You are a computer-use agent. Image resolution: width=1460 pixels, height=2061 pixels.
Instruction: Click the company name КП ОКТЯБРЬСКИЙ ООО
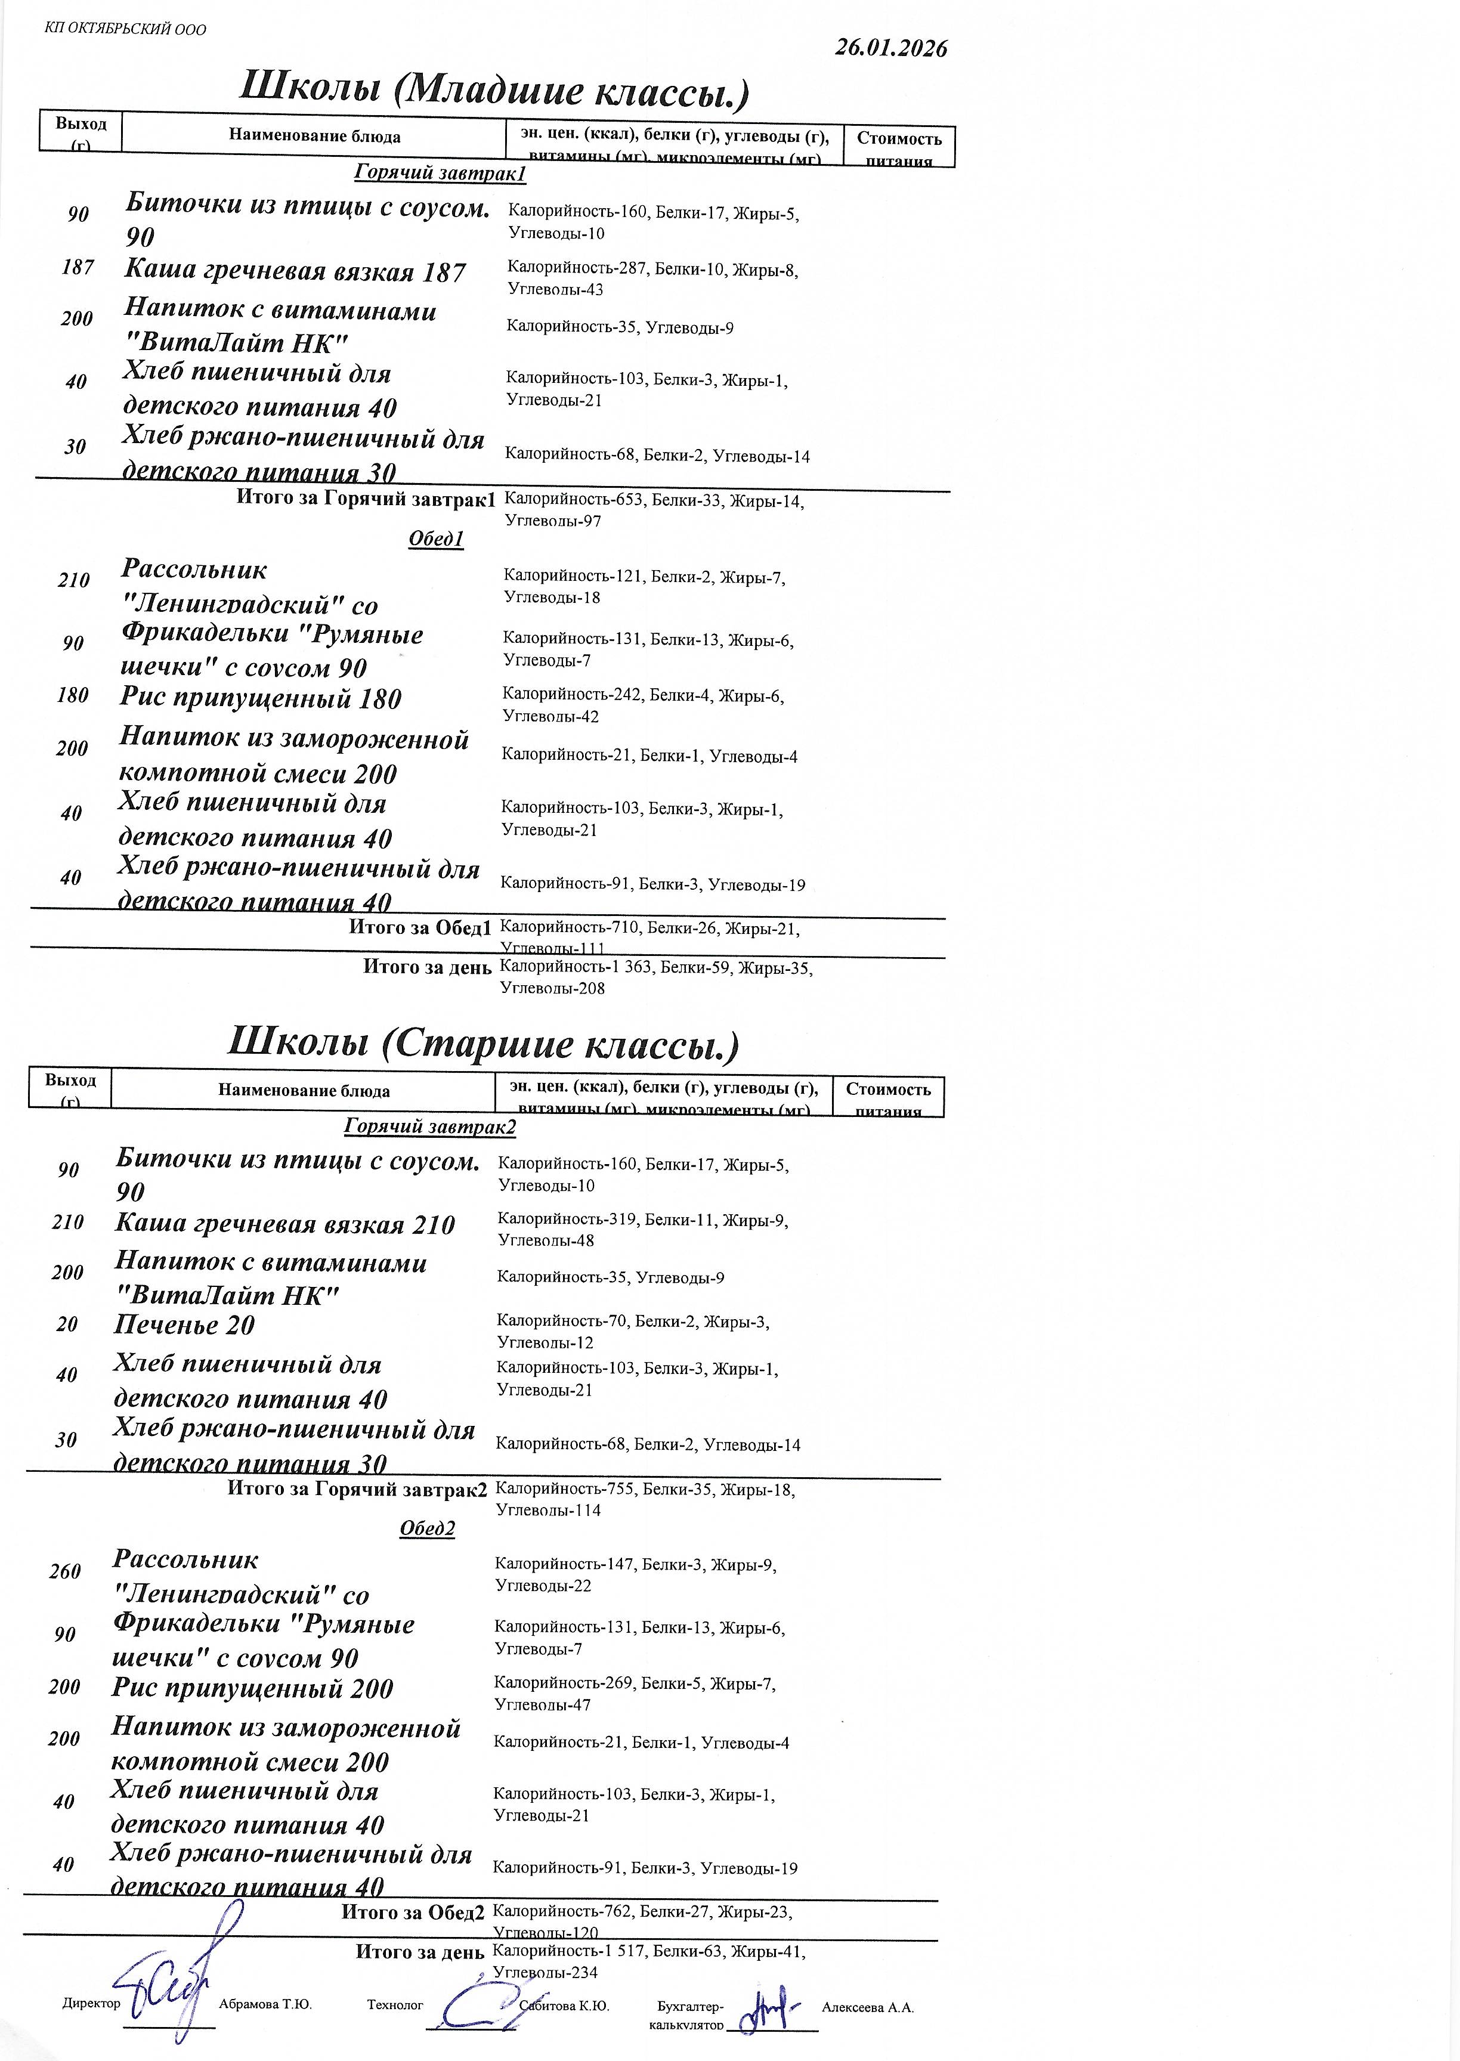click(125, 29)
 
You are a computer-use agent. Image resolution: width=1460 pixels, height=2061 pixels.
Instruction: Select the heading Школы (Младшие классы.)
click(494, 90)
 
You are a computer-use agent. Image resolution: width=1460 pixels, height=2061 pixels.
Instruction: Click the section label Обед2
click(427, 1529)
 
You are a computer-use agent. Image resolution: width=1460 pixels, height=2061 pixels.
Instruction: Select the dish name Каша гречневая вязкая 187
click(295, 271)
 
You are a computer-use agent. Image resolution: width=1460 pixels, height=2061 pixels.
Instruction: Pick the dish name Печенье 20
click(184, 1325)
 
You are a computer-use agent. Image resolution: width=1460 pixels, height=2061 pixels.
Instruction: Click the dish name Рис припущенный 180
click(261, 698)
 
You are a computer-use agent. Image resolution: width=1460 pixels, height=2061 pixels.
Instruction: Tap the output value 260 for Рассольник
click(65, 1571)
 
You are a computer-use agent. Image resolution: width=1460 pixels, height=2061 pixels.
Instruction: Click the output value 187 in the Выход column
click(78, 267)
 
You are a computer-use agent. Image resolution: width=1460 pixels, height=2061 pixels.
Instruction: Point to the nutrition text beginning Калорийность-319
click(643, 1230)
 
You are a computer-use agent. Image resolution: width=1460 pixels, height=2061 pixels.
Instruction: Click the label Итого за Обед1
click(420, 927)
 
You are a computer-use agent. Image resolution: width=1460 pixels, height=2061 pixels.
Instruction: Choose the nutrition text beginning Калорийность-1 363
click(655, 977)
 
